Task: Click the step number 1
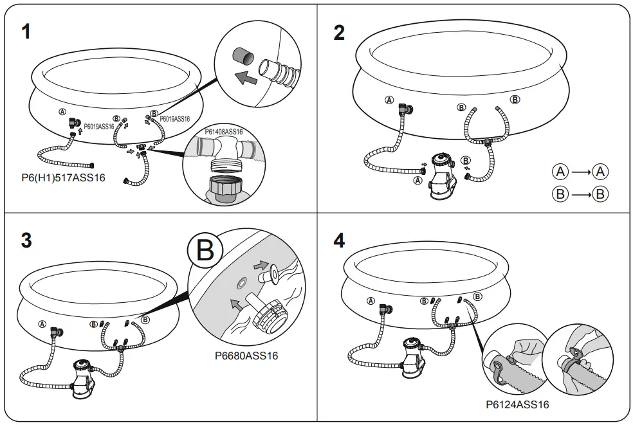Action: pyautogui.click(x=26, y=32)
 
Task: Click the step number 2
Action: pyautogui.click(x=339, y=32)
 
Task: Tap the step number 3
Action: pyautogui.click(x=26, y=240)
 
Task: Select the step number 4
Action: pyautogui.click(x=339, y=240)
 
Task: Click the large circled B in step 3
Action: pyautogui.click(x=205, y=251)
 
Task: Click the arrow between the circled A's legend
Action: pyautogui.click(x=580, y=172)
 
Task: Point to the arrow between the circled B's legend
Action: pyautogui.click(x=580, y=194)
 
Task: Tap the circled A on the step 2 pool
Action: pyautogui.click(x=389, y=100)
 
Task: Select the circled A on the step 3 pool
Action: pyautogui.click(x=43, y=324)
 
